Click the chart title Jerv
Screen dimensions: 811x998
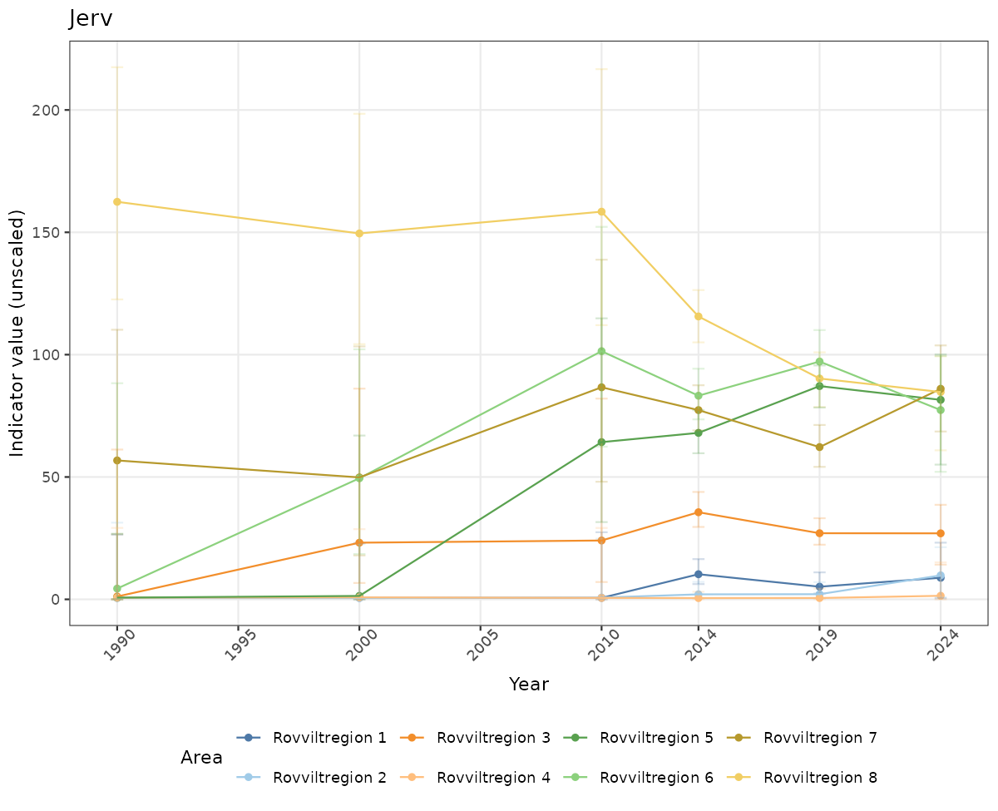[91, 18]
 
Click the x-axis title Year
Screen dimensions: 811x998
[528, 684]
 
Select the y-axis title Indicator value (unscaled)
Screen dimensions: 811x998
[17, 333]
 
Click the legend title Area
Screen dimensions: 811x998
[201, 758]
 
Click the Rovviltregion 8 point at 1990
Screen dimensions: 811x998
[117, 202]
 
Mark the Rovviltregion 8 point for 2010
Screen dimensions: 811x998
[601, 211]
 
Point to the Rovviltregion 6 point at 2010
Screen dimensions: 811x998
[601, 351]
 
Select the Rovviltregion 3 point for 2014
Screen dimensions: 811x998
[699, 512]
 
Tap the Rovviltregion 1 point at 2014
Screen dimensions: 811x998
[699, 574]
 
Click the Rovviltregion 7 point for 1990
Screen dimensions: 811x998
[117, 461]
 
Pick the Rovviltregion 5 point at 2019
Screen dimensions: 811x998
[819, 386]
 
